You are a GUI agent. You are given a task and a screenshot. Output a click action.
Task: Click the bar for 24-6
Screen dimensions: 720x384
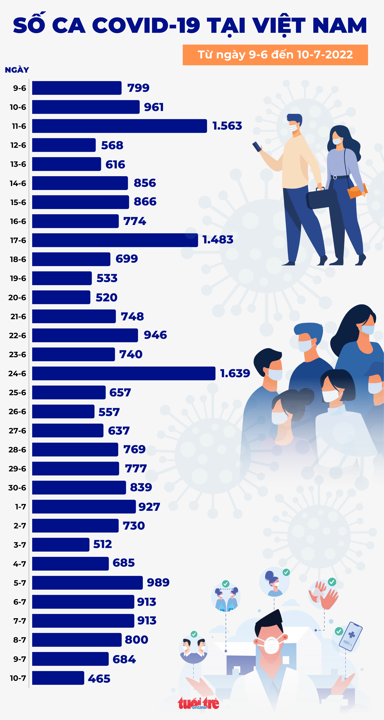click(124, 373)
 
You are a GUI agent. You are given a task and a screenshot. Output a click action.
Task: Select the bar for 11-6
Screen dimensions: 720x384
click(119, 126)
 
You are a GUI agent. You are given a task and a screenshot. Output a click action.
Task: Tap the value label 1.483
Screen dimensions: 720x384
click(218, 240)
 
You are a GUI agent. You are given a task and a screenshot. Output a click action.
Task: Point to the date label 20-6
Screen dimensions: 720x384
click(17, 297)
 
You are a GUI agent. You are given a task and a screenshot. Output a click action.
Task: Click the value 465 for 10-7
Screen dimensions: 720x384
click(99, 679)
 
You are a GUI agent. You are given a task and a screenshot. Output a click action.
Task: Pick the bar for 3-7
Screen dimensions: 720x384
click(61, 545)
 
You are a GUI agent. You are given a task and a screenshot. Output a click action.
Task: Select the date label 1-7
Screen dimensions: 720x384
click(20, 507)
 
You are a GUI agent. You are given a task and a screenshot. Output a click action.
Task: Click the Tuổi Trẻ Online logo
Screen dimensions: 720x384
click(198, 703)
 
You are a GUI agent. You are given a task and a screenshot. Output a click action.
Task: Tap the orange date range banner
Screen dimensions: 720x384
click(275, 55)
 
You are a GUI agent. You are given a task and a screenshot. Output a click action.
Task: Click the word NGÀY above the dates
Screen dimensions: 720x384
click(17, 70)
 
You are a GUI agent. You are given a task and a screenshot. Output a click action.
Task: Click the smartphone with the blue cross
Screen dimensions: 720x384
click(350, 636)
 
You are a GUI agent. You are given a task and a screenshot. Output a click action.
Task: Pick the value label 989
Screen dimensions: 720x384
click(158, 582)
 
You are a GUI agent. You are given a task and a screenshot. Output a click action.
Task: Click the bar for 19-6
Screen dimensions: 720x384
click(62, 278)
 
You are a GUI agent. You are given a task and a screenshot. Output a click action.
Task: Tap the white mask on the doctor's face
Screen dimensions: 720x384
click(271, 645)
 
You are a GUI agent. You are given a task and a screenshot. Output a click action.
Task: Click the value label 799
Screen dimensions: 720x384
click(138, 88)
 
